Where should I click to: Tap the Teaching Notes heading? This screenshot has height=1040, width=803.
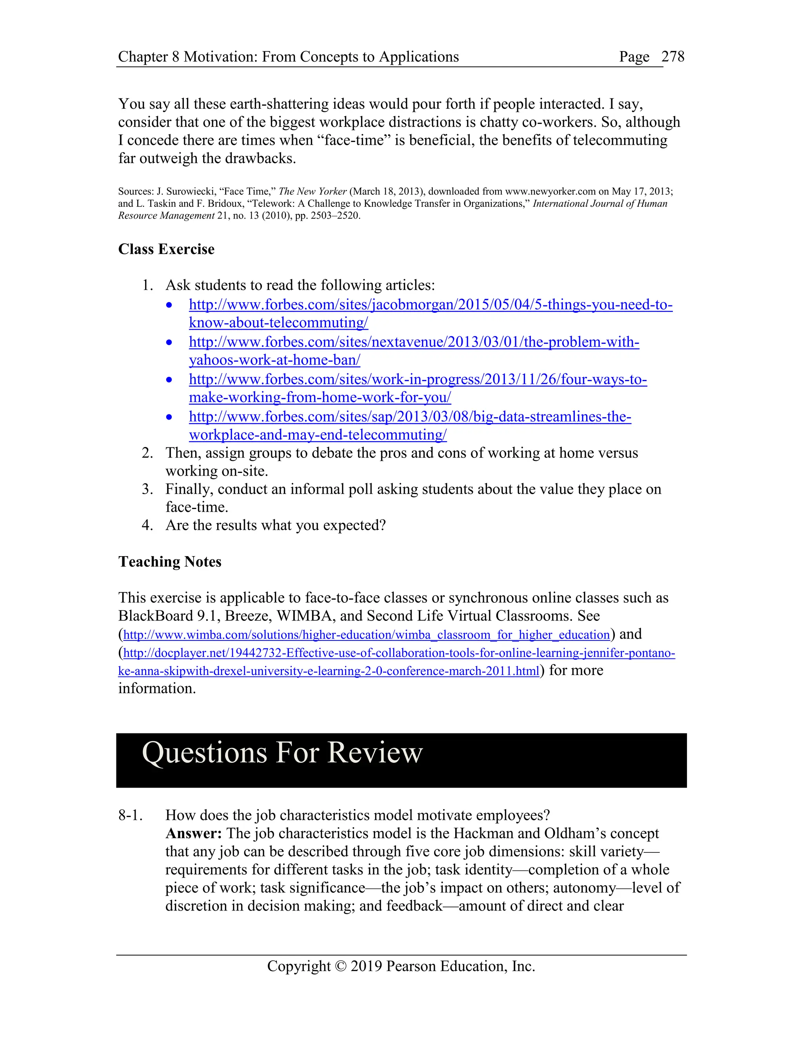(x=170, y=562)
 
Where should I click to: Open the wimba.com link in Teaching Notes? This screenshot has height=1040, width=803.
(x=366, y=635)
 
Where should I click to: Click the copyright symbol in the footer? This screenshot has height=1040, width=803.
(x=341, y=966)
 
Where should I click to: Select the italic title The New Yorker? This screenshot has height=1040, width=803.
(x=312, y=192)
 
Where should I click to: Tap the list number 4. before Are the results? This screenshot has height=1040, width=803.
(x=147, y=525)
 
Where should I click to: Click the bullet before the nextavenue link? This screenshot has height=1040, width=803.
(x=169, y=342)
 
